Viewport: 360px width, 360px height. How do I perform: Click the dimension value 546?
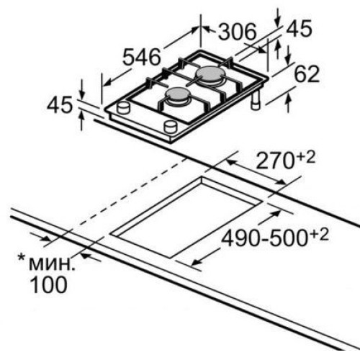tap(141, 57)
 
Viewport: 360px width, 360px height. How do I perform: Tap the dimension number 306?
tap(238, 32)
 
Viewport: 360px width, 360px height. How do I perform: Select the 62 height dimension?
tap(307, 74)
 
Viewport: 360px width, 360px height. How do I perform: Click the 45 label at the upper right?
tap(300, 28)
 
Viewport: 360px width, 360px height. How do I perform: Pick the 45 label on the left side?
tap(60, 104)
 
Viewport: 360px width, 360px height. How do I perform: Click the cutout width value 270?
tap(275, 161)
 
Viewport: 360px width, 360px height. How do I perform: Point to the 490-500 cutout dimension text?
tap(264, 238)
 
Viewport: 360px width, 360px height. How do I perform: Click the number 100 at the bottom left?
tap(48, 284)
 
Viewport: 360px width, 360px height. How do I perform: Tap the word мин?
tap(52, 264)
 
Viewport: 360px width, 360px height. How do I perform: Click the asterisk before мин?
tap(22, 258)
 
